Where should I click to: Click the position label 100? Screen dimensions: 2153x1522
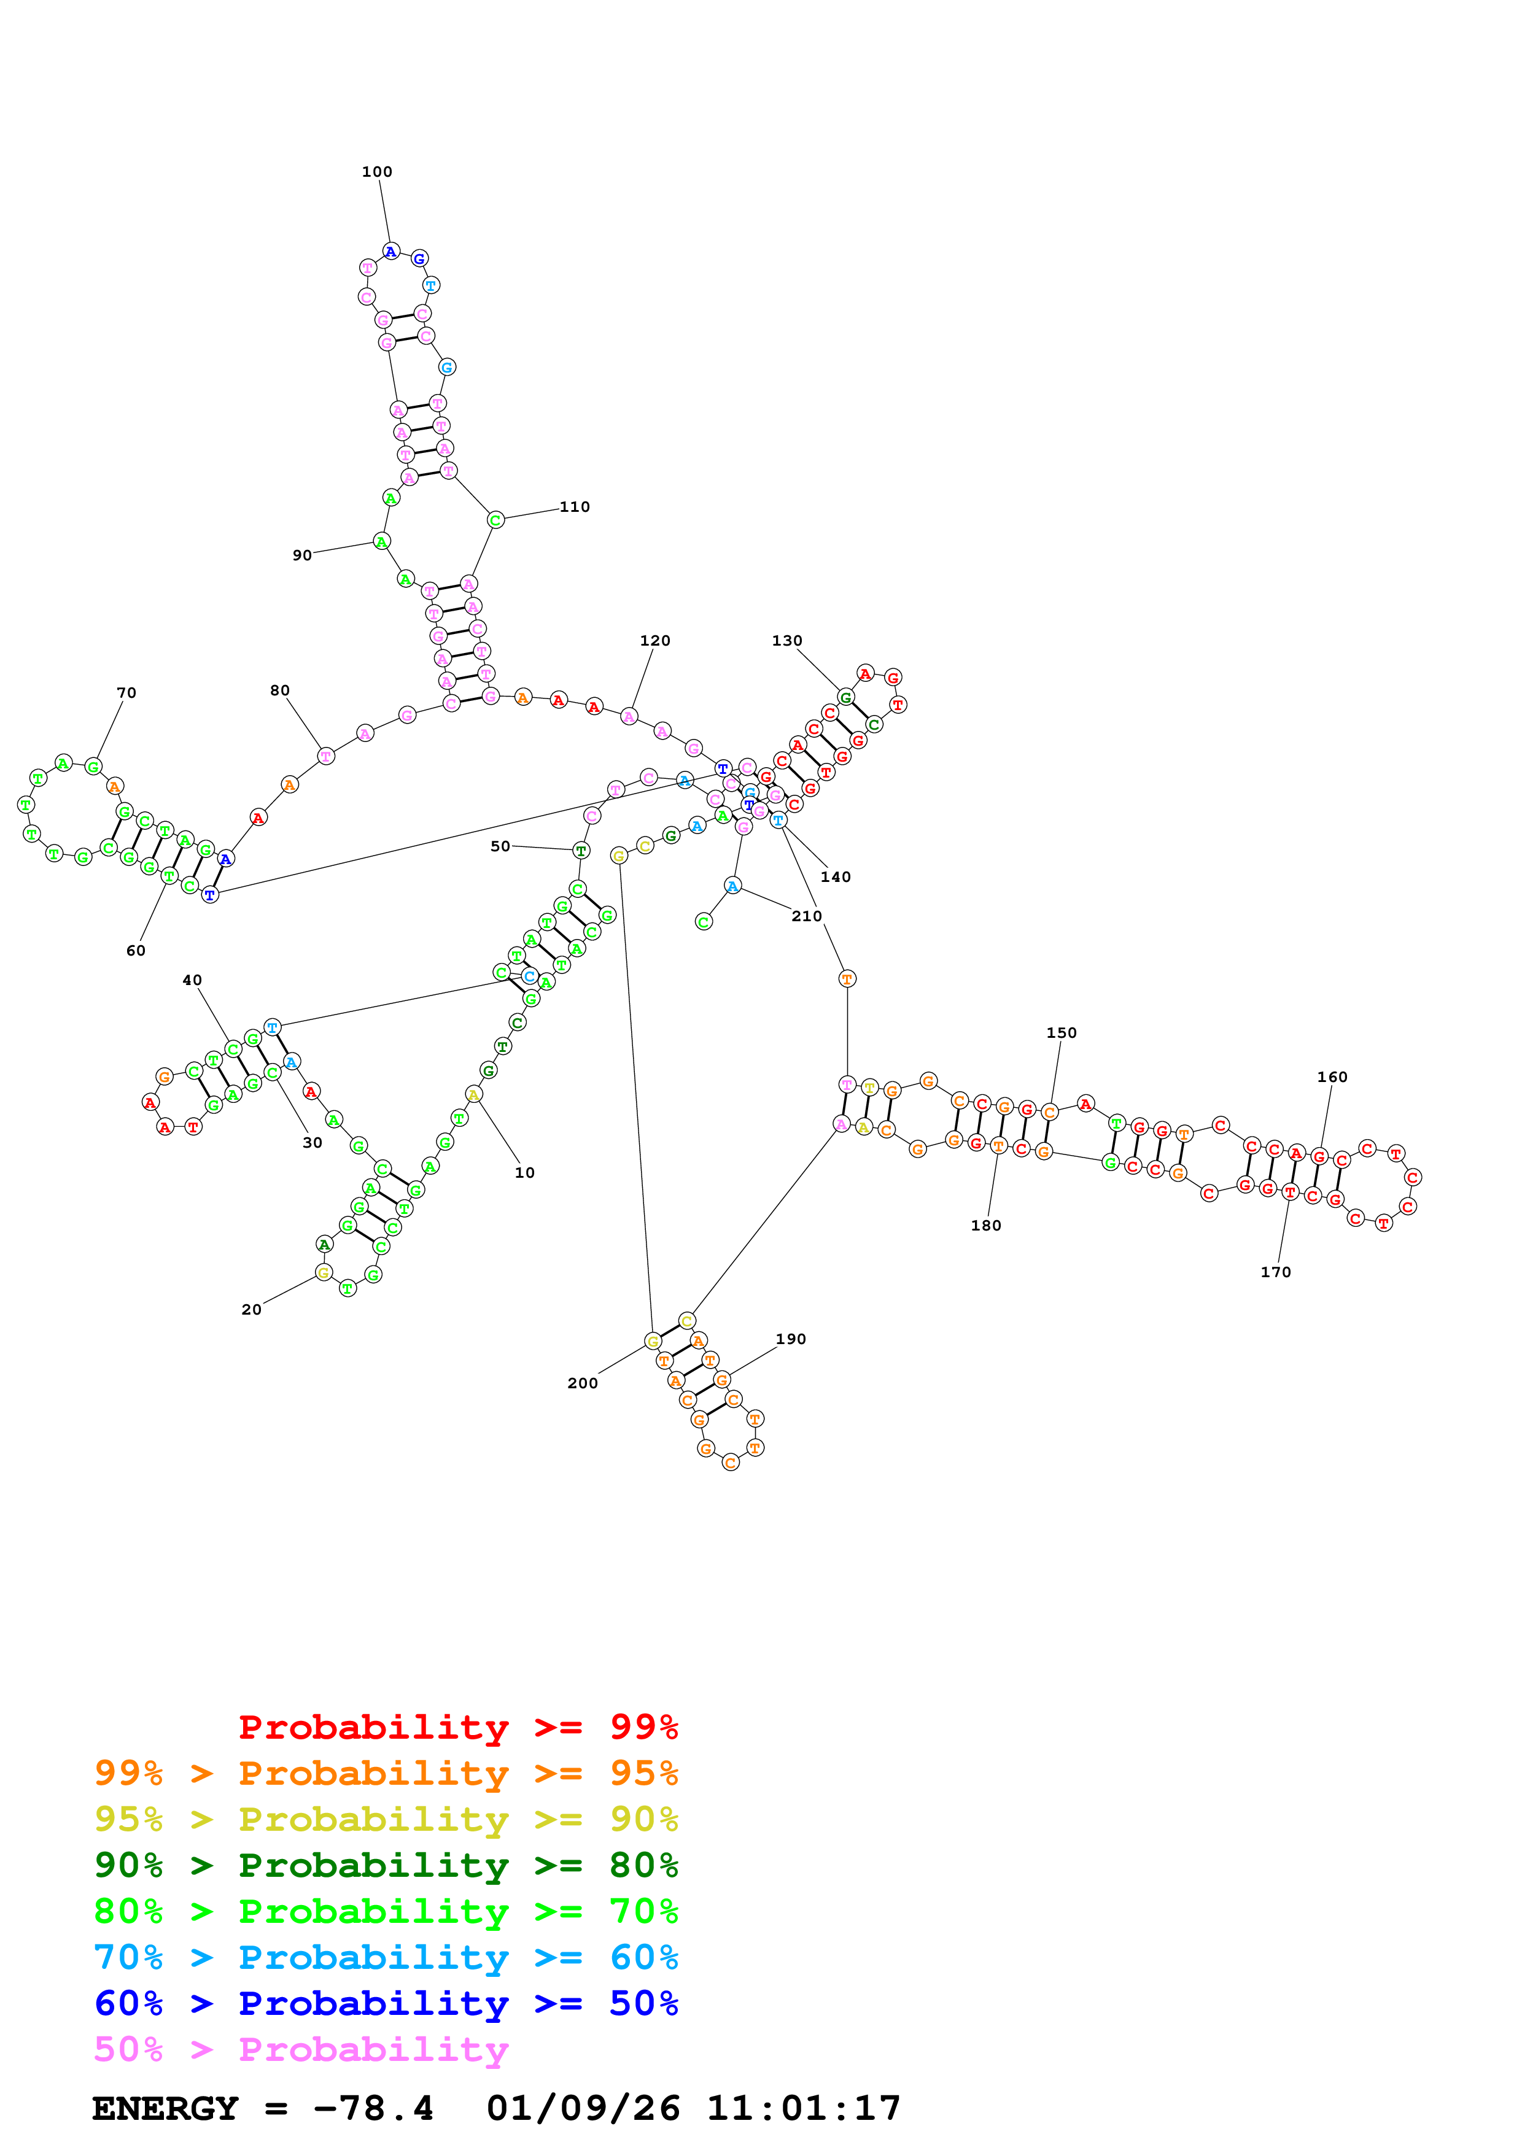[x=377, y=172]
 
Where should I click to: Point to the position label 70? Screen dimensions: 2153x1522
[x=126, y=693]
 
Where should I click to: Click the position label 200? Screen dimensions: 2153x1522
[x=583, y=1383]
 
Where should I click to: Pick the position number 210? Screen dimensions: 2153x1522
[x=807, y=916]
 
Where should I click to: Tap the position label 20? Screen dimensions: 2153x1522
[x=251, y=1310]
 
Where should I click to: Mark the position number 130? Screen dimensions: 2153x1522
[x=787, y=641]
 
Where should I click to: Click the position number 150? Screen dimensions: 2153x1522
[x=1062, y=1032]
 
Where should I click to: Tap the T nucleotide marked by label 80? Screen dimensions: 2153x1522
[x=325, y=756]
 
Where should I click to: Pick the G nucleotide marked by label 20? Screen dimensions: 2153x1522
[x=324, y=1272]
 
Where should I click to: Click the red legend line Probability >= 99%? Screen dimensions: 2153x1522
[x=457, y=1727]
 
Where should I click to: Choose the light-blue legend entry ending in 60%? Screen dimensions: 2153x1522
[x=386, y=1957]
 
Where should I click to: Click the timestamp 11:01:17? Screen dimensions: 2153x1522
[x=804, y=2109]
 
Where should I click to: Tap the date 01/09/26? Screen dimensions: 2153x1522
[x=583, y=2109]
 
